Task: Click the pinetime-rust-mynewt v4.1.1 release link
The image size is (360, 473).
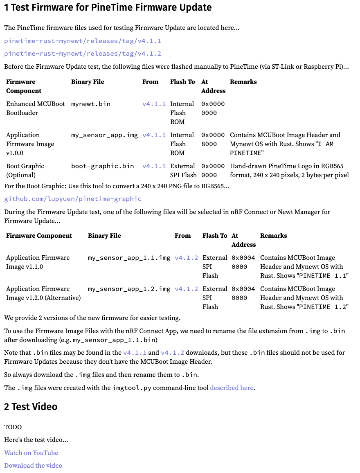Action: [x=83, y=41]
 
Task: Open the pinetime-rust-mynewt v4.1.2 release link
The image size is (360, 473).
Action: [x=83, y=54]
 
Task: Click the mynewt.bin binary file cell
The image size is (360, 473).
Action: [x=91, y=104]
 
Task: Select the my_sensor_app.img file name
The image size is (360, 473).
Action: [x=104, y=135]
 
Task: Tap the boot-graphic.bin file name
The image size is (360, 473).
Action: [x=102, y=166]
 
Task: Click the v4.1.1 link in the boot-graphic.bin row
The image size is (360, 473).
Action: [x=154, y=166]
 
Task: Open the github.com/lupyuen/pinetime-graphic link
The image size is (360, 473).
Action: [x=73, y=199]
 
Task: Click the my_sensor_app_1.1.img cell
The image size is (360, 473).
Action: [x=129, y=258]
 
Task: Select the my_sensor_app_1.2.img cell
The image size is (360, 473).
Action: [x=129, y=289]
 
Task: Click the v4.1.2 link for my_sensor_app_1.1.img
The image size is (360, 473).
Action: [x=186, y=258]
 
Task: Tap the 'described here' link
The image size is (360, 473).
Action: [x=232, y=387]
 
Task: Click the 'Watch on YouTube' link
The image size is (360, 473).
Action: [x=31, y=453]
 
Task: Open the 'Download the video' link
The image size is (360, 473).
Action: [x=33, y=465]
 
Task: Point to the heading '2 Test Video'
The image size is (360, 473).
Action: [x=31, y=407]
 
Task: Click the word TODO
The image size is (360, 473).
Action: [x=13, y=427]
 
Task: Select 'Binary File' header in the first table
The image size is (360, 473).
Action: [x=88, y=82]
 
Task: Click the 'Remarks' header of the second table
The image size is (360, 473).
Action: [x=273, y=236]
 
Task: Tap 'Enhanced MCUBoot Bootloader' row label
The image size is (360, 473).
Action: [x=35, y=108]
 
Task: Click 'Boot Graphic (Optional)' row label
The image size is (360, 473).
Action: [x=25, y=171]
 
